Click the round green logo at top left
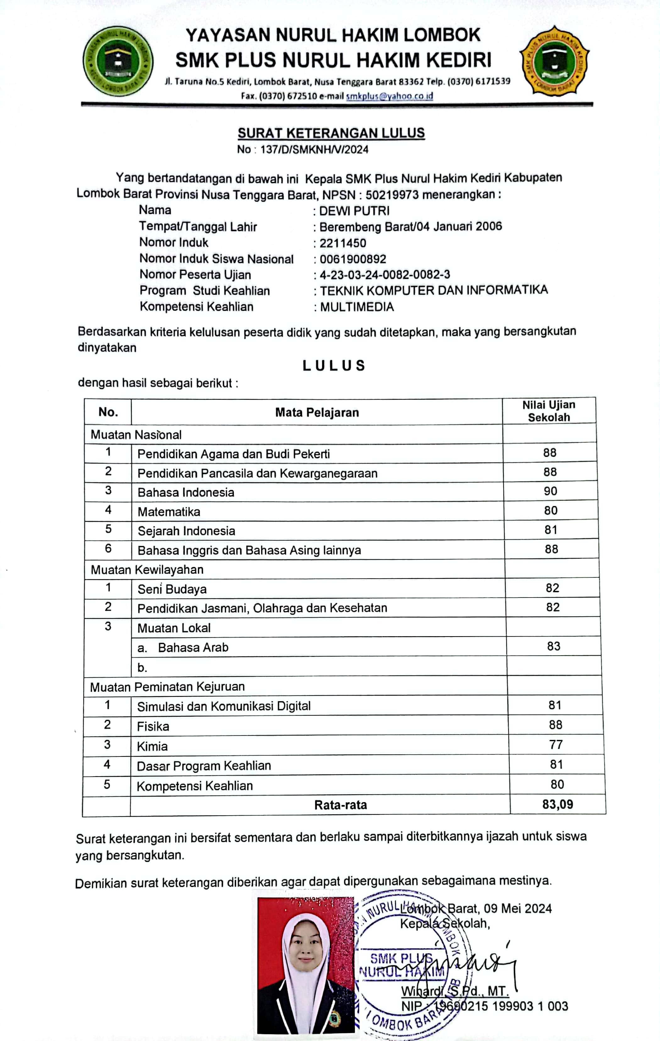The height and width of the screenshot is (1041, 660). coord(118,61)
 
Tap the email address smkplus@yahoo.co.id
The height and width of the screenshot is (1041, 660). coord(389,96)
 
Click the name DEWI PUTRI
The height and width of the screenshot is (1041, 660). coord(354,211)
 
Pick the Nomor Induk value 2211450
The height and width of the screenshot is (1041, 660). coord(343,243)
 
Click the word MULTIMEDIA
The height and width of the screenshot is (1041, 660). coord(357,307)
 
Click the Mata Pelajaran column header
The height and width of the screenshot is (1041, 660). coord(317,412)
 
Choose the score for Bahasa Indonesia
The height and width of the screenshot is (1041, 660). coord(550,491)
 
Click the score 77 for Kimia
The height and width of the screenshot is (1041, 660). coord(556,744)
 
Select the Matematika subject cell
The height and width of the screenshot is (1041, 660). coord(169,512)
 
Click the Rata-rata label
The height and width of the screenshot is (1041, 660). coord(340,805)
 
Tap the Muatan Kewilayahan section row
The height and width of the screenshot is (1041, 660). coord(147,570)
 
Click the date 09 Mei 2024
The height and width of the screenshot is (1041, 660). coord(517,908)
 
